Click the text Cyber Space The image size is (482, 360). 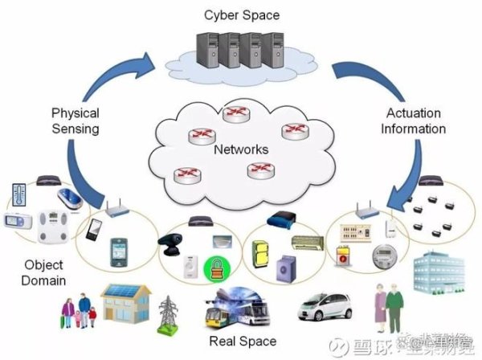[x=241, y=14]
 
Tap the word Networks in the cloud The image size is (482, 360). [x=241, y=150]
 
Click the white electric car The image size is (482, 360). [x=326, y=307]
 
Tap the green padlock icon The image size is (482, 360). [x=215, y=267]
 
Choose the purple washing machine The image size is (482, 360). [x=287, y=266]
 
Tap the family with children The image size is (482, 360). [x=81, y=311]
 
